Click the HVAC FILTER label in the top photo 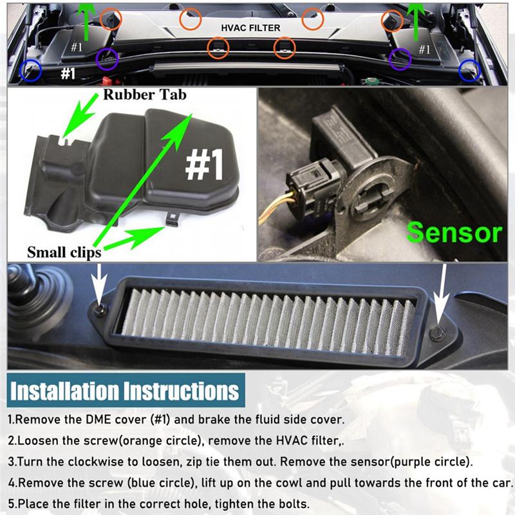click(250, 28)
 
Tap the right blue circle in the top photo click(469, 70)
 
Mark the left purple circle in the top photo click(107, 60)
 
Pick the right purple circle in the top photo click(401, 60)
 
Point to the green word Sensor click(453, 232)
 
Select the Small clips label click(64, 252)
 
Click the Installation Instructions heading click(124, 391)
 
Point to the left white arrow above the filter click(99, 282)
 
